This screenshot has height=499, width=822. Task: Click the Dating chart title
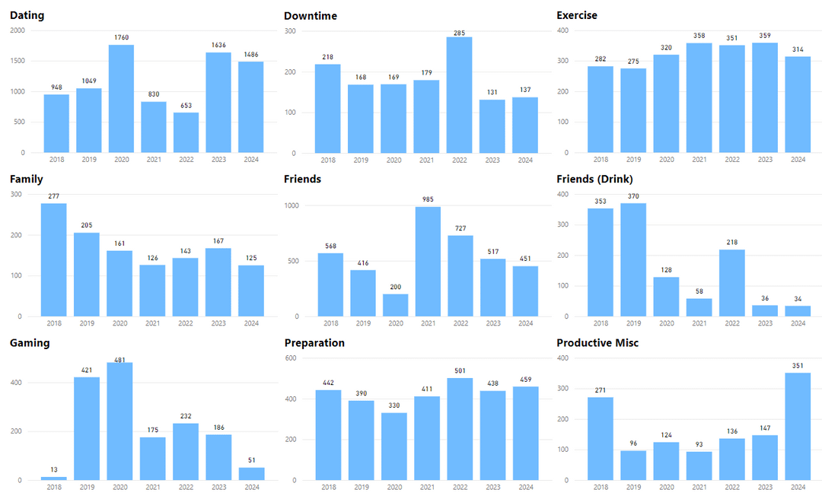click(x=27, y=15)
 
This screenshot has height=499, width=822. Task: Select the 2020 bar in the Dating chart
click(x=122, y=99)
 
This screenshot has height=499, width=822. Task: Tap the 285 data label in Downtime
click(x=459, y=33)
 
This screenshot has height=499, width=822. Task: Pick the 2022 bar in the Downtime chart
click(x=459, y=95)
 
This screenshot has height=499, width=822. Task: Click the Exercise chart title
click(x=577, y=15)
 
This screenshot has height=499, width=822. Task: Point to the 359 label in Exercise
click(x=765, y=35)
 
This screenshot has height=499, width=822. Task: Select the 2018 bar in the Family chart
click(x=54, y=259)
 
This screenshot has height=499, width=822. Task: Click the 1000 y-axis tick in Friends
click(x=291, y=205)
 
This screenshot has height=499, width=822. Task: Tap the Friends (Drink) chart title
click(x=594, y=179)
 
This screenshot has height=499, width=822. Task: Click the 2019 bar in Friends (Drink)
click(x=634, y=259)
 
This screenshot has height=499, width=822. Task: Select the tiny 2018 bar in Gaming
click(x=54, y=478)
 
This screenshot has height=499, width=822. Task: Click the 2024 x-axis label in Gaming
click(x=252, y=488)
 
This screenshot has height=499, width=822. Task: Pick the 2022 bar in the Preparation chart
click(x=459, y=429)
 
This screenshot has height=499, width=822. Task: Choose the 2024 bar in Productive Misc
click(x=798, y=426)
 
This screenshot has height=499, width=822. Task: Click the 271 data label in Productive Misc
click(x=601, y=389)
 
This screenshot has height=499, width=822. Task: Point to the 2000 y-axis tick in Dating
click(x=17, y=30)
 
